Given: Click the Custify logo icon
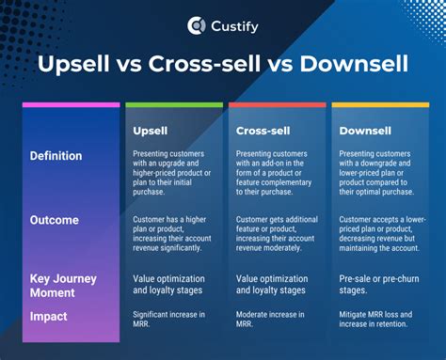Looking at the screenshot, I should (197, 25).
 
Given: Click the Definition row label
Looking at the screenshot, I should (56, 156).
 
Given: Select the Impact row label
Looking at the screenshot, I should (49, 318).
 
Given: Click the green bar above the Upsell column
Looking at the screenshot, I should (174, 104).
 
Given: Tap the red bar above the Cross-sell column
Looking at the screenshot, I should (278, 104).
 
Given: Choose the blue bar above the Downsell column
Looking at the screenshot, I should (380, 104).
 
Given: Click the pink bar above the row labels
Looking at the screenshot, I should (71, 104).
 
